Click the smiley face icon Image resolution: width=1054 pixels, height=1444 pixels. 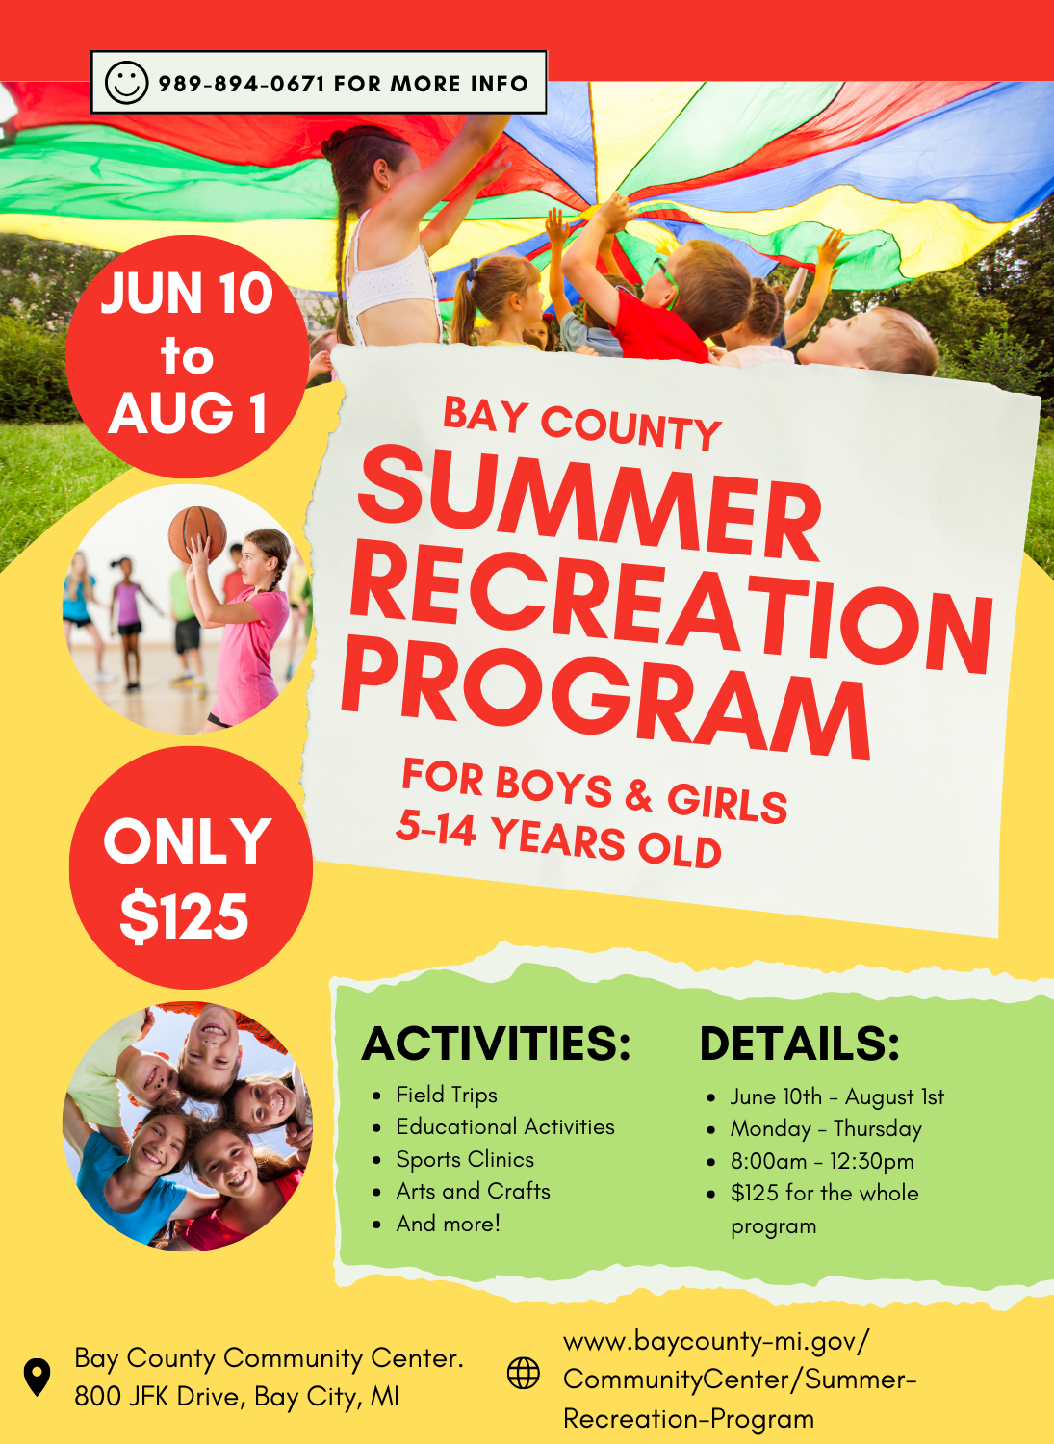point(126,83)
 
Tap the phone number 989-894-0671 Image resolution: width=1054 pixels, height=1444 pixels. point(241,84)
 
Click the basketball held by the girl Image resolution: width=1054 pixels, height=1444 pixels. point(197,534)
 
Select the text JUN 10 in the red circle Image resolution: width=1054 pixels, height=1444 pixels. point(187,294)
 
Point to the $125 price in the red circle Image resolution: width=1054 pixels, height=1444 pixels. point(185,916)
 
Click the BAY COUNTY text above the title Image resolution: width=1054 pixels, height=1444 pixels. point(582,424)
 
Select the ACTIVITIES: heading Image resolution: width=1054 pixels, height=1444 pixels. point(496,1043)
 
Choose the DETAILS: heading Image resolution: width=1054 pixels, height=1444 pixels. point(799,1043)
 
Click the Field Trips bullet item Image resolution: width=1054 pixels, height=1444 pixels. point(447,1095)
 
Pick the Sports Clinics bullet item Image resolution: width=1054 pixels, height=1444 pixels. point(465,1159)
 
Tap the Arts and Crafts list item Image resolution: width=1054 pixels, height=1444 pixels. point(474,1191)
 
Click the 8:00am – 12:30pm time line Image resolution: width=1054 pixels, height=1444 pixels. point(822,1161)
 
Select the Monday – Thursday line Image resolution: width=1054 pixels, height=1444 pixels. point(826,1129)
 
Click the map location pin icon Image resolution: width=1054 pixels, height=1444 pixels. point(37,1378)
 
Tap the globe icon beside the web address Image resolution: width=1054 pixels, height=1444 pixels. point(524,1373)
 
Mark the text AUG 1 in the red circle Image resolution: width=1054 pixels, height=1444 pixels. point(188,413)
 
